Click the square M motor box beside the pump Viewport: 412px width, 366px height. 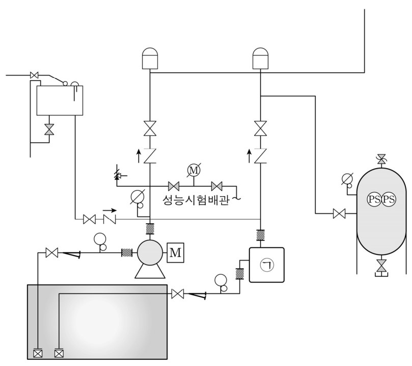click(176, 253)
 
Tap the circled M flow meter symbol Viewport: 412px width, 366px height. click(194, 171)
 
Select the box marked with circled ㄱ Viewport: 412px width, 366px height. click(267, 265)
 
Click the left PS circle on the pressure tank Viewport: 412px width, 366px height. click(374, 199)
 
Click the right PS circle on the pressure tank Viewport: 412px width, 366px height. click(389, 199)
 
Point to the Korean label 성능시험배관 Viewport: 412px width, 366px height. click(196, 200)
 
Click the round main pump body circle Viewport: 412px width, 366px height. click(150, 253)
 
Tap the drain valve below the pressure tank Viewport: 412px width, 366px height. click(381, 267)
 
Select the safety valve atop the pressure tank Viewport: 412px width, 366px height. click(381, 160)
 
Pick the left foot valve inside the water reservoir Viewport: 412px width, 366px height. click(38, 354)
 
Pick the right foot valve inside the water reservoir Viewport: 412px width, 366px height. click(59, 354)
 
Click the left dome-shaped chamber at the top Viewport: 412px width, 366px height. click(150, 59)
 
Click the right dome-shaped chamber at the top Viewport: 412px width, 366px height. click(260, 59)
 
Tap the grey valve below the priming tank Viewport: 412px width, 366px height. click(49, 129)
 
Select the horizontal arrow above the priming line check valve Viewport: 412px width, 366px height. click(109, 211)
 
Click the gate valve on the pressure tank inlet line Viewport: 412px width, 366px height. click(339, 214)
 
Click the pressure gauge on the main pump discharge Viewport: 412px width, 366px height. click(138, 199)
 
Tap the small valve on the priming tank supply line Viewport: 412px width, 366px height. click(34, 75)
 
